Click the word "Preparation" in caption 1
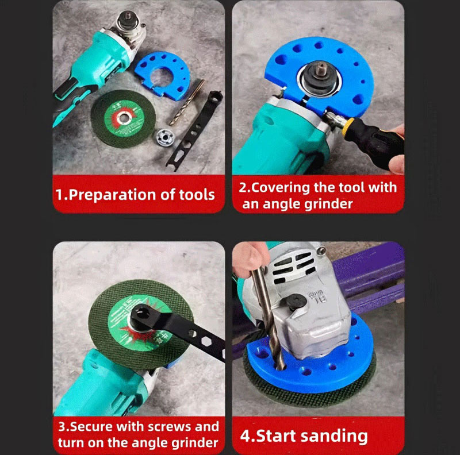click(110, 194)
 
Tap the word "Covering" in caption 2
click(284, 188)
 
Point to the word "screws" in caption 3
click(159, 427)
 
